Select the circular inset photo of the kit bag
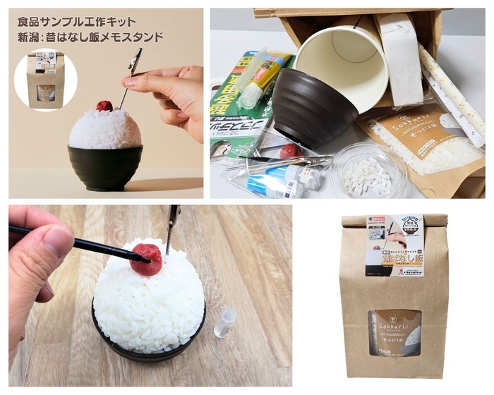tap(45, 79)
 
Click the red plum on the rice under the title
tap(104, 106)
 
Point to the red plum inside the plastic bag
tap(290, 151)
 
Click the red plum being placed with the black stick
tap(147, 258)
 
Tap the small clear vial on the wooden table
tap(225, 322)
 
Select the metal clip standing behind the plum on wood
tap(171, 226)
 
